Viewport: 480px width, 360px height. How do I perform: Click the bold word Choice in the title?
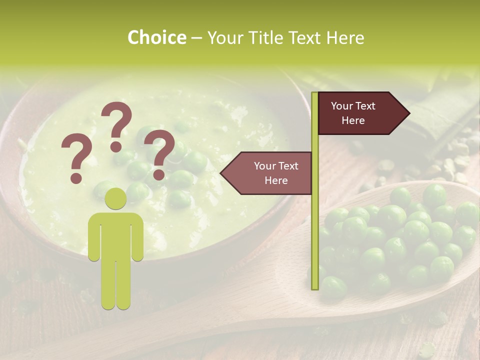pos(156,37)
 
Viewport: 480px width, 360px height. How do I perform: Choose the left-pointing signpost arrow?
pos(268,173)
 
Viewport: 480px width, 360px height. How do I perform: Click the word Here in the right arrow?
pos(353,120)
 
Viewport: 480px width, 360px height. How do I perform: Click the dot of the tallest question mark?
pos(116,146)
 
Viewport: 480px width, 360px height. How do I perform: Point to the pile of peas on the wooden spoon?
pos(395,240)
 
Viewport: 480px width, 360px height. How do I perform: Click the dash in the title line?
pos(196,38)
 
